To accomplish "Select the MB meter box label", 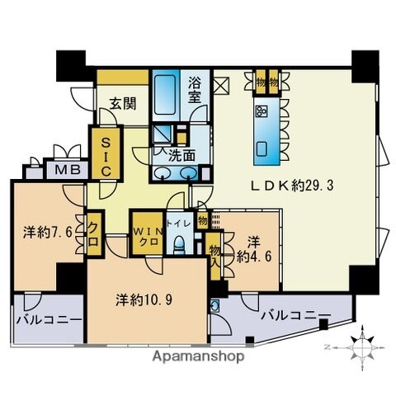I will [61, 171].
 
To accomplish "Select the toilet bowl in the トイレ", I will [179, 244].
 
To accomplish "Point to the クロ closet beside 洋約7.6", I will [93, 235].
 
